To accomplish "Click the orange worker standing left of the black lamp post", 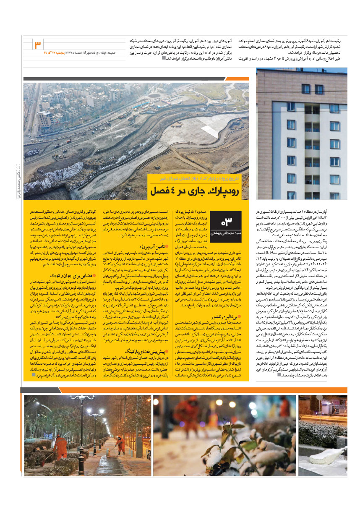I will coord(61,448).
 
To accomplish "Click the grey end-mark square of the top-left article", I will coord(164,58).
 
